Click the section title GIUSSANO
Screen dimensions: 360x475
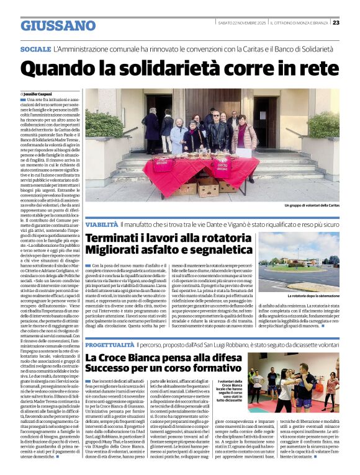click(58, 25)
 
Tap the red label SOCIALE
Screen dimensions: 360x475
click(35, 49)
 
